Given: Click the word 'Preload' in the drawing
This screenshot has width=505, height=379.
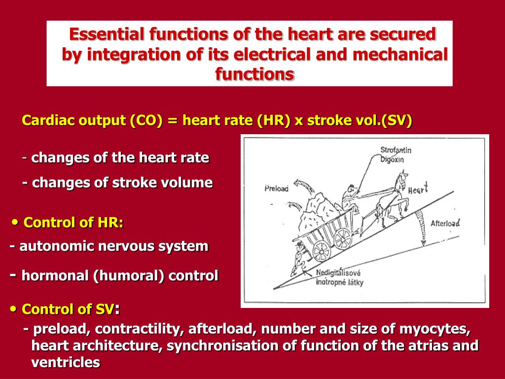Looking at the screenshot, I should pyautogui.click(x=277, y=188).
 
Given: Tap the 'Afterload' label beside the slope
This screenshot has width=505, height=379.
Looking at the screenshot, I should pyautogui.click(x=445, y=223).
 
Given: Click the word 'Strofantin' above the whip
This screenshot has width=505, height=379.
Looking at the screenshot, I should pyautogui.click(x=396, y=150).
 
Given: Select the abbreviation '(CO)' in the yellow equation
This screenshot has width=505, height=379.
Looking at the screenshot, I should pyautogui.click(x=146, y=121).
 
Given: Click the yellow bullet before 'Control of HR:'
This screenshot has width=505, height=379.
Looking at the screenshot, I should pyautogui.click(x=15, y=223).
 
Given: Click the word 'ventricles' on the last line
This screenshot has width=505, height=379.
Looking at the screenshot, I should pyautogui.click(x=66, y=363).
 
